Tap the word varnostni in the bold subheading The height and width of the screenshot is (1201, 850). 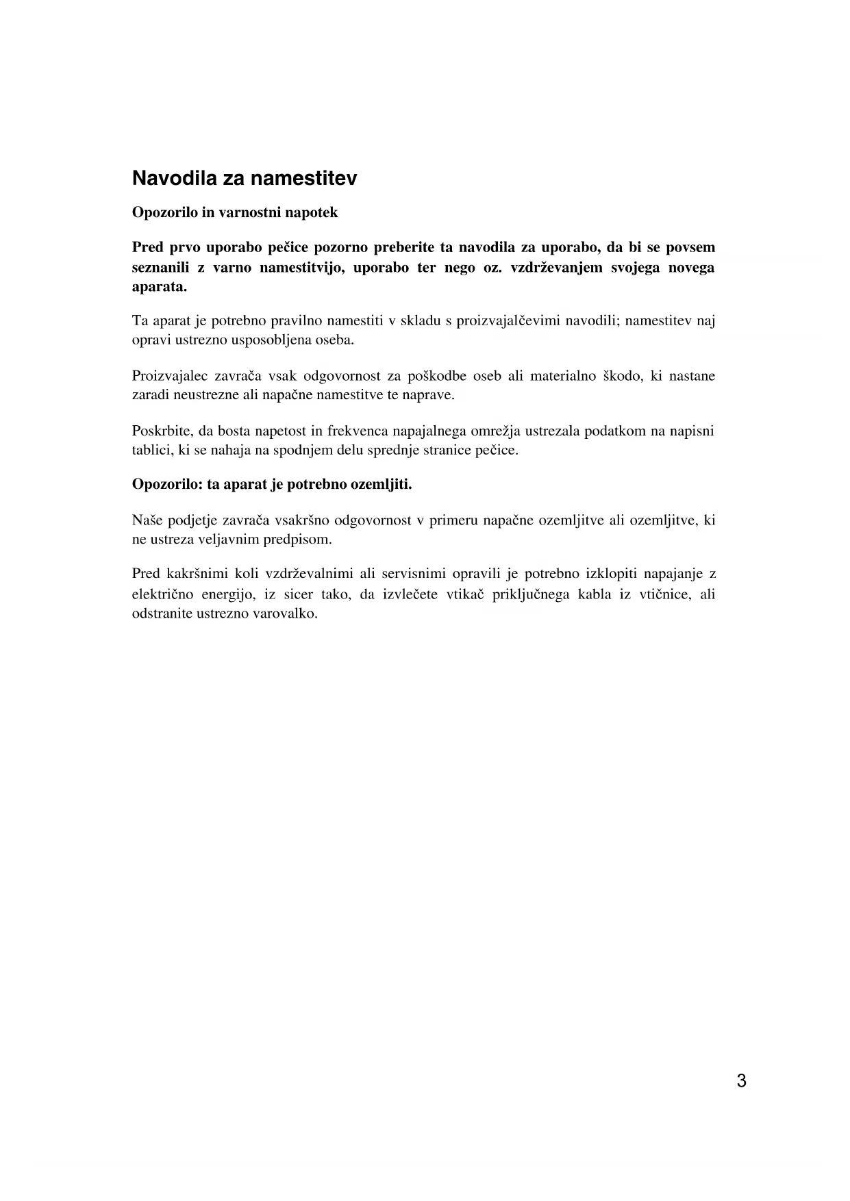pyautogui.click(x=247, y=213)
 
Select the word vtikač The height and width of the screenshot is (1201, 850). pyautogui.click(x=466, y=594)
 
